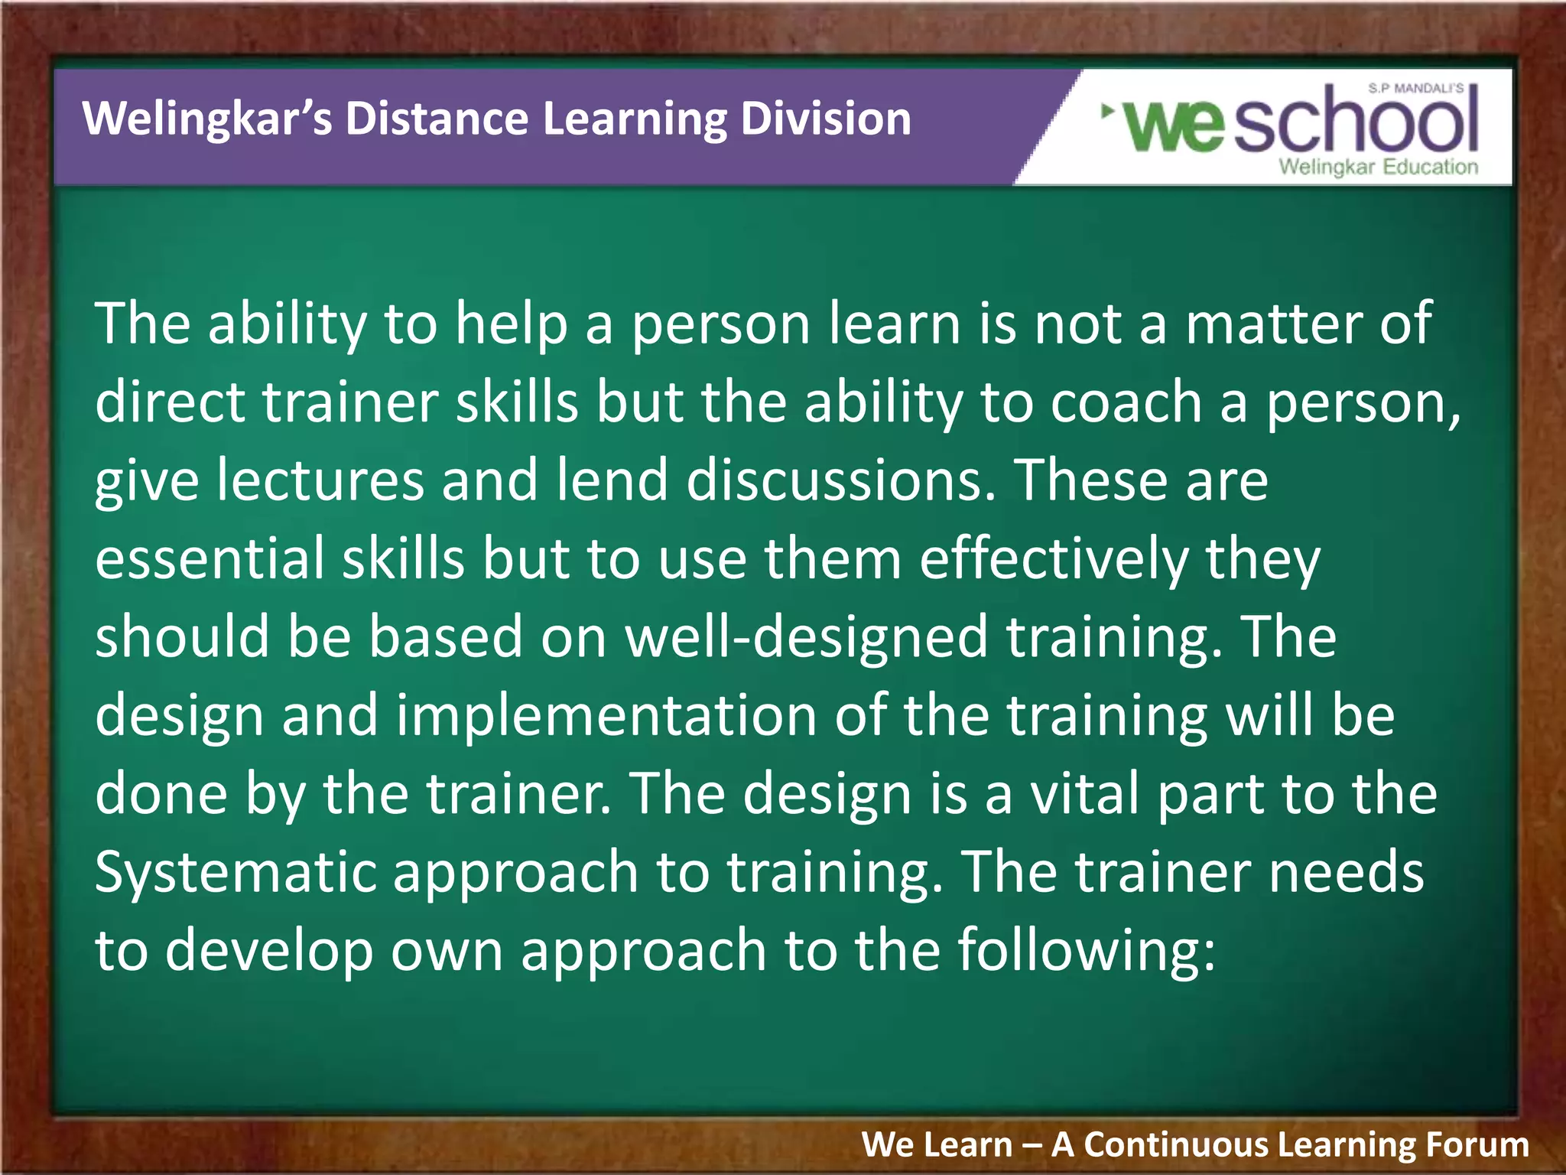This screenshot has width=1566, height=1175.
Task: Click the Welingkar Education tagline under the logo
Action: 1378,167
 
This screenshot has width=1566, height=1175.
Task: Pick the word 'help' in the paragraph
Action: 511,324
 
